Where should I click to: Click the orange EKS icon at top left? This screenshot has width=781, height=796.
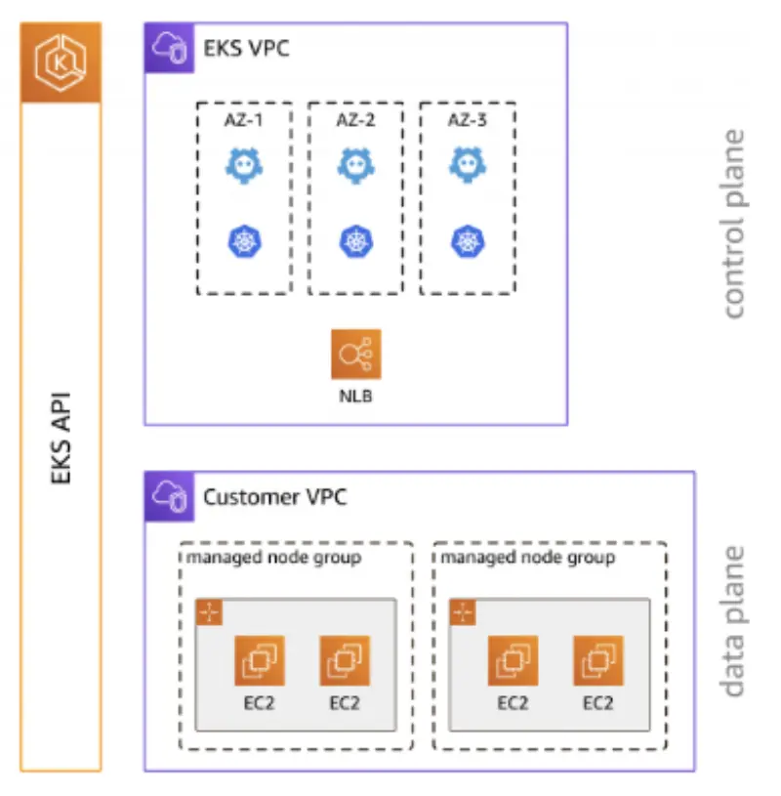click(x=61, y=62)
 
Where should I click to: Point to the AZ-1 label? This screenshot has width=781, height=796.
click(x=244, y=122)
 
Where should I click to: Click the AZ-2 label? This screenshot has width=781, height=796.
click(x=355, y=122)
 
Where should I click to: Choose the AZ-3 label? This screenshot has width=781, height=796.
click(x=468, y=122)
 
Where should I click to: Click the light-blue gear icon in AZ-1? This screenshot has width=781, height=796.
click(x=244, y=166)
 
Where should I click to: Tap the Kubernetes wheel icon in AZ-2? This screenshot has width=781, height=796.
click(x=355, y=241)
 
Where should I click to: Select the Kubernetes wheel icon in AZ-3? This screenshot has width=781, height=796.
click(x=468, y=241)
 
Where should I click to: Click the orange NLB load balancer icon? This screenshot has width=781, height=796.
click(x=355, y=354)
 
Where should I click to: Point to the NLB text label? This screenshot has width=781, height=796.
click(x=355, y=398)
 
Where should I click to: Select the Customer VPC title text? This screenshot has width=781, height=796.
click(x=274, y=497)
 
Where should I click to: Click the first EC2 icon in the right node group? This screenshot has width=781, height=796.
click(x=513, y=661)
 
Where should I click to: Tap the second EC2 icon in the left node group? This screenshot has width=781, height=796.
click(x=344, y=661)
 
